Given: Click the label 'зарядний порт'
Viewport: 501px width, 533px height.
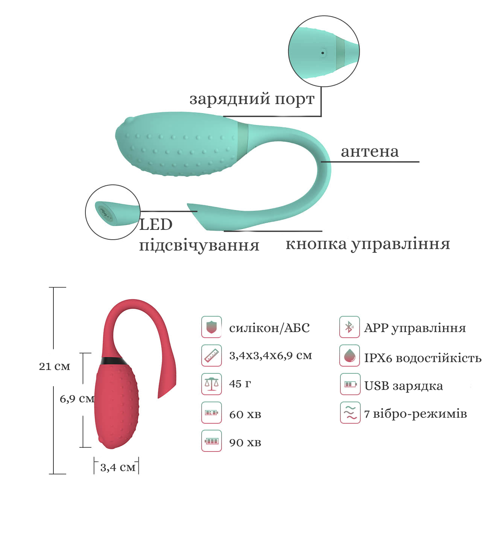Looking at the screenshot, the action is pos(252,99).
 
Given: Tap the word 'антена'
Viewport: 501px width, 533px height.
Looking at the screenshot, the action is pos(370,152).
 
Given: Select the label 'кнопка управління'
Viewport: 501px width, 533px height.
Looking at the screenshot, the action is pos(368,244).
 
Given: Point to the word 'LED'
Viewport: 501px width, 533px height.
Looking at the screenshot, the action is pos(156,224).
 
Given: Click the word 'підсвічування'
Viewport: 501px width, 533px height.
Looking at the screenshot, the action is pos(199,246).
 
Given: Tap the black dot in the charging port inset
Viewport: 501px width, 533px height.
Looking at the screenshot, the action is pos(323,53).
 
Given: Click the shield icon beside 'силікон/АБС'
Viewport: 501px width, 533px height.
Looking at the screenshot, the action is pos(211,327).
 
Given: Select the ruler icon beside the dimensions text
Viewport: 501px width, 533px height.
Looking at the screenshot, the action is pos(211,355).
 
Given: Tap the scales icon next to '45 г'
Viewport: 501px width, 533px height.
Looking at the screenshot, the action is pos(211,384).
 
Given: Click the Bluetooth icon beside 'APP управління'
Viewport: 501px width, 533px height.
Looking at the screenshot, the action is pos(349,327).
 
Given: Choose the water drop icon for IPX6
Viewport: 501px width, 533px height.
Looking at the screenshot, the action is pos(349,355).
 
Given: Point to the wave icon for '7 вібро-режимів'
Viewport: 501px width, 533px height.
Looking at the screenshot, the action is pos(350,412).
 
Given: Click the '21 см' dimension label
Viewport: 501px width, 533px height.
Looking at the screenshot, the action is pos(55,366).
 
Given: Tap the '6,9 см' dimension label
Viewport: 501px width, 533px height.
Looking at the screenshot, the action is pos(77,399).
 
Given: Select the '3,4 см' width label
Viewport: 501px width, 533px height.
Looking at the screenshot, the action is pos(118,468).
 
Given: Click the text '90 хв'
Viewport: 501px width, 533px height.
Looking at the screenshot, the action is pos(245,442).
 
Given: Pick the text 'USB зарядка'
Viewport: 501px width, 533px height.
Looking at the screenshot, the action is pos(404,386).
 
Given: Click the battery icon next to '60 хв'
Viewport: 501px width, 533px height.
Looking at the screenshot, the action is pos(211,412).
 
